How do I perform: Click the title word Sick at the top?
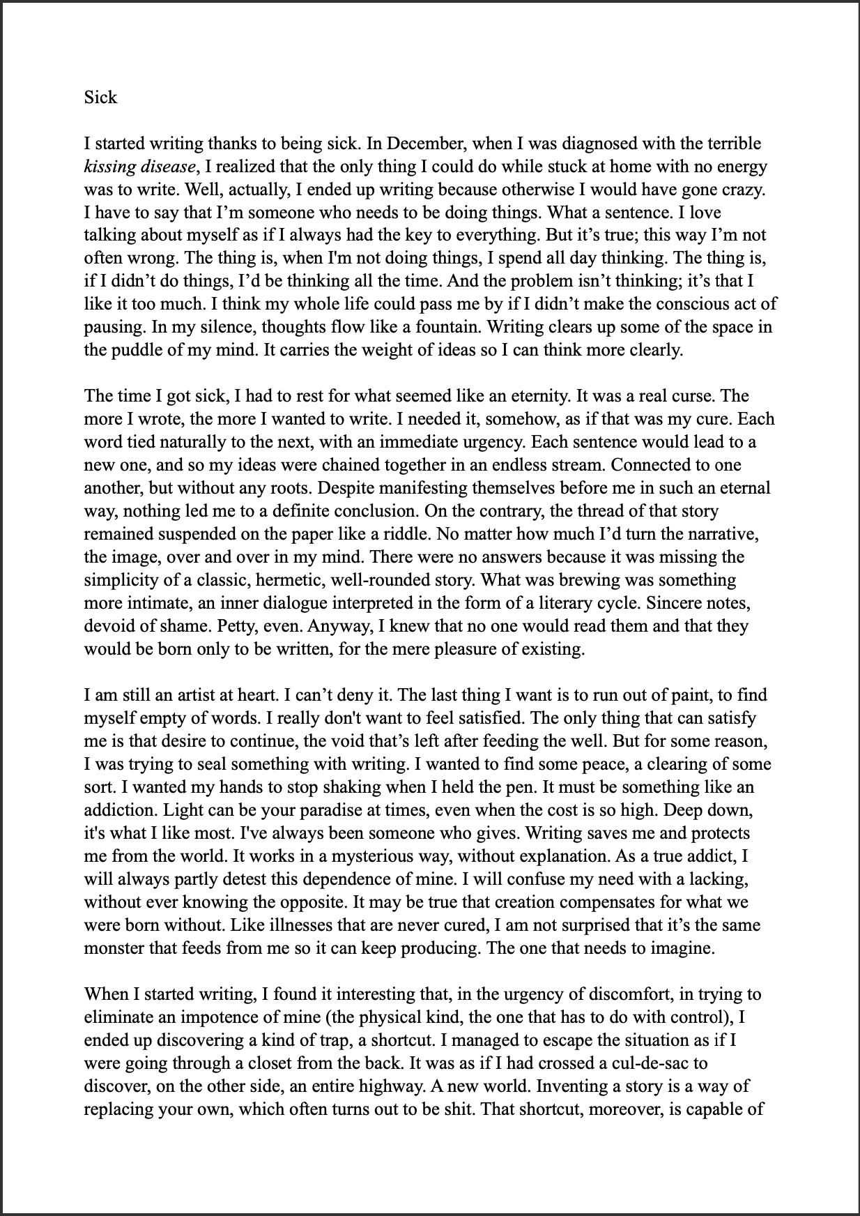100,97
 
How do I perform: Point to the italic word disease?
165,167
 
